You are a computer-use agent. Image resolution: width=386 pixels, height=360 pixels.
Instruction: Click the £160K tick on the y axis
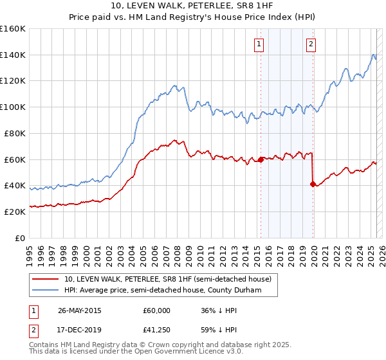point(12,29)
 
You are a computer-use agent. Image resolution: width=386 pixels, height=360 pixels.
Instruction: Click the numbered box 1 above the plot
point(259,44)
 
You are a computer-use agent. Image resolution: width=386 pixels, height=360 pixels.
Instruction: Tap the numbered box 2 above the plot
point(311,44)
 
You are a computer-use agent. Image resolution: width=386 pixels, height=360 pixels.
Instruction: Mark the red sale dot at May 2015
point(261,159)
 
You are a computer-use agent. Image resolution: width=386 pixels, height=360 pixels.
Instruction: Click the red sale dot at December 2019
point(313,184)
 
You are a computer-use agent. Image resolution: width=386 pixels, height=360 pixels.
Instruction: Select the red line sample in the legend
point(46,280)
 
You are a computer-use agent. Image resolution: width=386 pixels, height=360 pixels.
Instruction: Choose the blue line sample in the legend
point(46,290)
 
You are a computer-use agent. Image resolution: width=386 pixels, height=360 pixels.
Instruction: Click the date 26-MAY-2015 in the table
point(80,310)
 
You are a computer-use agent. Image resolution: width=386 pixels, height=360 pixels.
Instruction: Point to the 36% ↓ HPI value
point(219,310)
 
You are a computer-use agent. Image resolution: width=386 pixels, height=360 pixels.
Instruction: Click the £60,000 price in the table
point(156,310)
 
